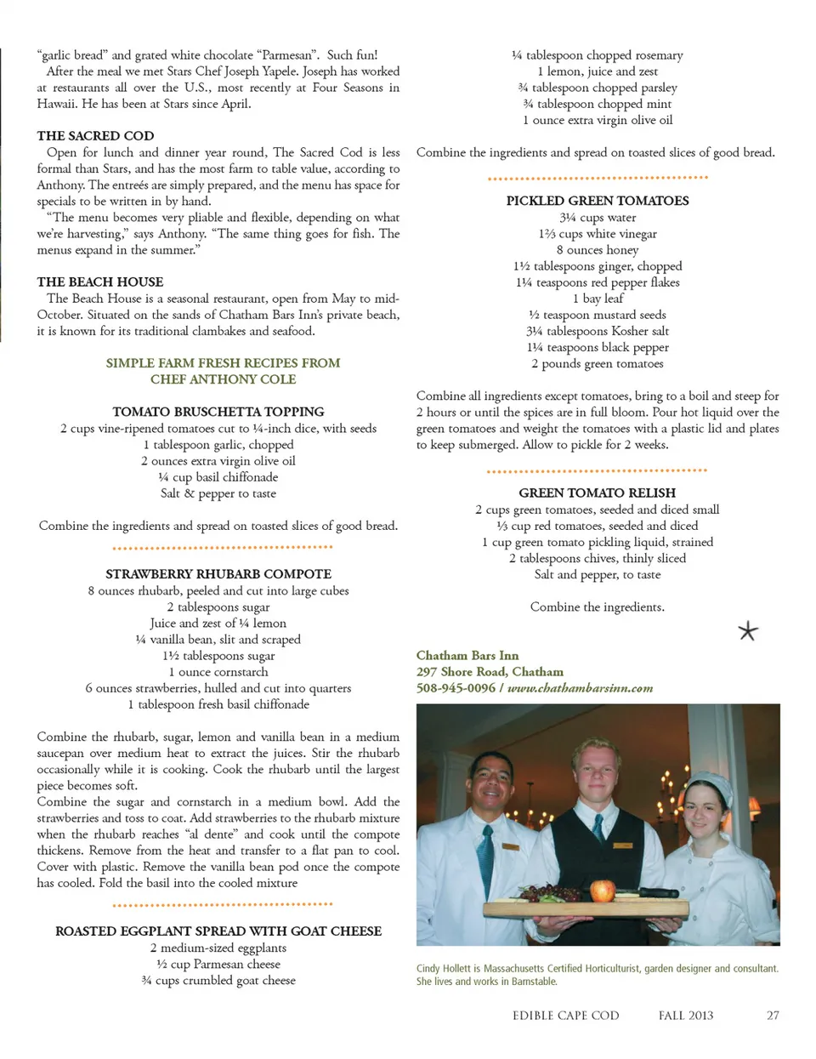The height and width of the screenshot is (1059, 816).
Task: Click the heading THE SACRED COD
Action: point(95,135)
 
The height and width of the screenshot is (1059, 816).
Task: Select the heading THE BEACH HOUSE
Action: point(99,282)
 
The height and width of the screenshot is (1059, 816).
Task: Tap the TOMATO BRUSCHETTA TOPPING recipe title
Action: point(218,412)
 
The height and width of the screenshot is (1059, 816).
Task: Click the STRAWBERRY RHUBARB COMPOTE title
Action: point(218,574)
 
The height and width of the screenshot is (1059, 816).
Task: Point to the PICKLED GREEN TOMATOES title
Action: point(598,201)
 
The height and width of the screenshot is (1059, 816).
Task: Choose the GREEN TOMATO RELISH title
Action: point(598,492)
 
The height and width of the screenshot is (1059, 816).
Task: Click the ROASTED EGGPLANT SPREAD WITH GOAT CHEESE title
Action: point(218,931)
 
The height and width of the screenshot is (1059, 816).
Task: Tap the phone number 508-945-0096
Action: point(456,688)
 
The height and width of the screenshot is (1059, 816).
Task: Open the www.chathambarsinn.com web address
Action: point(580,688)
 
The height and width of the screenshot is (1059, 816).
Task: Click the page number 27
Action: point(773,1016)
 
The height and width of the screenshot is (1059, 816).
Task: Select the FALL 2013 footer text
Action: point(686,1016)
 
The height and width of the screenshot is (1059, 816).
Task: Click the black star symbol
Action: point(748,631)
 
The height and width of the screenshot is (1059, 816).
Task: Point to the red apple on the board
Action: point(603,890)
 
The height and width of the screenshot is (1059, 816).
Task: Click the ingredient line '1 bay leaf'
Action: point(598,299)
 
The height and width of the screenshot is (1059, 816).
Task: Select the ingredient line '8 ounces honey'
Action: point(598,250)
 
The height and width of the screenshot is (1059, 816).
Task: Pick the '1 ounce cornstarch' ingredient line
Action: point(218,672)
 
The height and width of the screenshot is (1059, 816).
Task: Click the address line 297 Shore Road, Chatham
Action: point(490,672)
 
